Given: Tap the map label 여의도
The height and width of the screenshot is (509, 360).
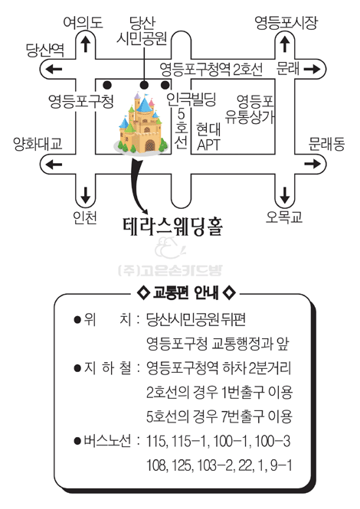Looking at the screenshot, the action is coord(83,23).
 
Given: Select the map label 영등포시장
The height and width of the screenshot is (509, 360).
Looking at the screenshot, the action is coord(286,23).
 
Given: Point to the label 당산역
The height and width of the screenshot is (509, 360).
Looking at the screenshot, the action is coord(45,50).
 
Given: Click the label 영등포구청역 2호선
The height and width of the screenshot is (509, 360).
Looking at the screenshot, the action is coord(211,69).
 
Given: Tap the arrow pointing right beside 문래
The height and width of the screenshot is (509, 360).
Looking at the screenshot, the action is coord(313,69).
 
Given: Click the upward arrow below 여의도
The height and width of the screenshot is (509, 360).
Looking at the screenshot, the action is coord(85,44).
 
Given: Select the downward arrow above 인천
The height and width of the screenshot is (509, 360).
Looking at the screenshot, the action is coord(85,194).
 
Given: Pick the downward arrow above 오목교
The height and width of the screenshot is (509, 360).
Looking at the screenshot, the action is coord(285,194).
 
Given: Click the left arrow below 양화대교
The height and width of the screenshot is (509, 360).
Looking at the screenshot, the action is coord(54,164).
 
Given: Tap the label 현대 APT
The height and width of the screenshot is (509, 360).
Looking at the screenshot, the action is coord(208,137).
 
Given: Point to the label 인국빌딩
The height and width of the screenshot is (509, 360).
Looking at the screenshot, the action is coord(191,99).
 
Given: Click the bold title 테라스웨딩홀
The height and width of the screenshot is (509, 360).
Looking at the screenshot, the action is coord(172,226).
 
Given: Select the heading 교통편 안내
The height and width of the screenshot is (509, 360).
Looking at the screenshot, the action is coord(185,292).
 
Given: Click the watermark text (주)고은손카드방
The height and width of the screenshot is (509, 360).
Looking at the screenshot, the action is coord(170,270).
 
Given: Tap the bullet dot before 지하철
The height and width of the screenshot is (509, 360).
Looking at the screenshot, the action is coord(77,368).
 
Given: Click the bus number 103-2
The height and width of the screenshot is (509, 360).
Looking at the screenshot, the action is coord(215,465).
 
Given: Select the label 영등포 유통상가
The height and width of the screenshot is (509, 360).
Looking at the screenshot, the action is coord(250,109).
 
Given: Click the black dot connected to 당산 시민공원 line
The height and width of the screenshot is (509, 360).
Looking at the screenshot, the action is coord(144,85).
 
